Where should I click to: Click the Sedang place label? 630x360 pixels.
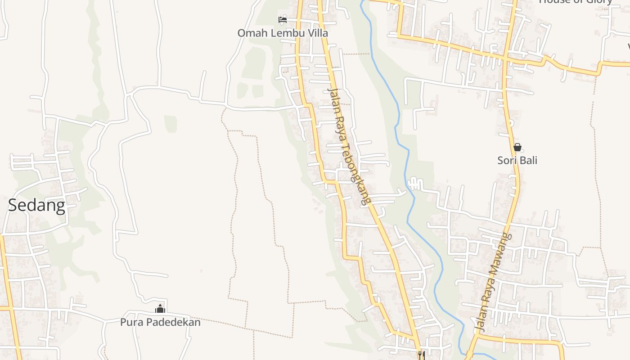point(37,206)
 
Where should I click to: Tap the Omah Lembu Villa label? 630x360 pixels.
point(283,33)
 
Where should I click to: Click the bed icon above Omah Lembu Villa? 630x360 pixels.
point(283,19)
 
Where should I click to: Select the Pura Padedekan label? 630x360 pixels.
point(160,322)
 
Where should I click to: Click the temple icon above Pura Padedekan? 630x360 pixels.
point(160,309)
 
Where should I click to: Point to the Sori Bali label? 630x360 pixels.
point(517,160)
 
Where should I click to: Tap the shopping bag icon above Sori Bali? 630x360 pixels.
point(517,147)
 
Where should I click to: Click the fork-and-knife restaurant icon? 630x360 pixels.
point(421,355)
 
